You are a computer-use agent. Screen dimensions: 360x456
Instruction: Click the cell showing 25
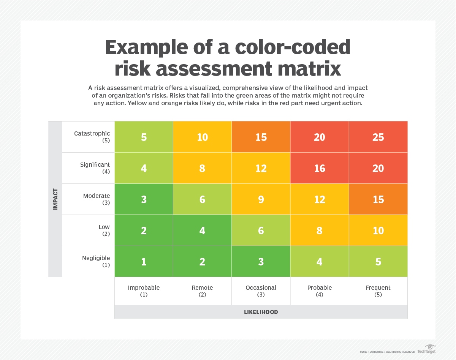[x=378, y=137]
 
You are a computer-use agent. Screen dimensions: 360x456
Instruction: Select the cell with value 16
[x=320, y=168]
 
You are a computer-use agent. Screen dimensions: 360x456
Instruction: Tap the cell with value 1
[x=144, y=262]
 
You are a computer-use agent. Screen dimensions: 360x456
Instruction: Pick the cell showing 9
[x=261, y=199]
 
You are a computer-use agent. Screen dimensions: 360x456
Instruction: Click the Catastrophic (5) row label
[x=92, y=137]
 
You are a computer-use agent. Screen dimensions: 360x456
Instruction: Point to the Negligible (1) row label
[x=96, y=261]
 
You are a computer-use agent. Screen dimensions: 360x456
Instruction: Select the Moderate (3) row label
[x=97, y=199]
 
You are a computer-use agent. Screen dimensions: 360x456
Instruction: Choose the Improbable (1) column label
[x=144, y=291]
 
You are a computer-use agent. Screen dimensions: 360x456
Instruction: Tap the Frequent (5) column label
[x=378, y=291]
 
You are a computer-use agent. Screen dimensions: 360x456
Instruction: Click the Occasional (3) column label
[x=261, y=291]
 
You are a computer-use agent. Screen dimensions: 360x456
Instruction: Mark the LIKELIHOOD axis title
[x=261, y=312]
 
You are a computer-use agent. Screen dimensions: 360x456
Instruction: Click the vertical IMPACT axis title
[x=55, y=199]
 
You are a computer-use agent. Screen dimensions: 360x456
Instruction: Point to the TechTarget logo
[x=426, y=349]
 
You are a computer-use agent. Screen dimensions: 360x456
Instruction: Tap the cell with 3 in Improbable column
[x=144, y=199]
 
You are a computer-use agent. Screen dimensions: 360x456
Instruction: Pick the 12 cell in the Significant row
[x=261, y=168]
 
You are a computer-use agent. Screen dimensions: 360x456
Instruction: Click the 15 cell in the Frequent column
[x=378, y=199]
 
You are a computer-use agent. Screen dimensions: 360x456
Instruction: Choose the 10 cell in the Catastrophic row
[x=203, y=137]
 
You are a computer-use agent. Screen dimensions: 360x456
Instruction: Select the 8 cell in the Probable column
[x=320, y=231]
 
